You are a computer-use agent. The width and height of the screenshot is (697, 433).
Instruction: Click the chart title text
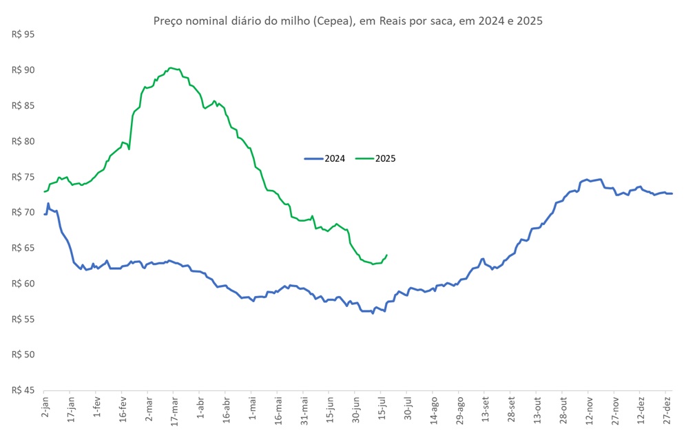pos(348,21)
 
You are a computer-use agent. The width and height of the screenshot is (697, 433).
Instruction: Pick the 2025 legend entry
pos(376,158)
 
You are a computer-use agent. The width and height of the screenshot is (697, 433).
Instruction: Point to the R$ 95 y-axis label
pos(23,34)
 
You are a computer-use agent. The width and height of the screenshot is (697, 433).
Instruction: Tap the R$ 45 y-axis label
pos(23,390)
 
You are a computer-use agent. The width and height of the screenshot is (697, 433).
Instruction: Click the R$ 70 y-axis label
pos(23,212)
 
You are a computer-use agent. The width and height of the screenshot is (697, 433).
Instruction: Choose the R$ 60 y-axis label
pos(23,284)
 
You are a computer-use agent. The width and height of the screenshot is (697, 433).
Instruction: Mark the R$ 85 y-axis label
pos(23,105)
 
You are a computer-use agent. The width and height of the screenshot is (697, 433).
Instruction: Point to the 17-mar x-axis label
pos(174,405)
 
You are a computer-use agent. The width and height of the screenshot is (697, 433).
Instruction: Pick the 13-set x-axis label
pos(485,405)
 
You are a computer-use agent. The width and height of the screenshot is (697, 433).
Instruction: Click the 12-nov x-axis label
pos(589,405)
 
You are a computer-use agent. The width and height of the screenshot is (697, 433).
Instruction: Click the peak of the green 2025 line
pos(171,68)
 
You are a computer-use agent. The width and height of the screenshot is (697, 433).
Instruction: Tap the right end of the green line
pos(386,255)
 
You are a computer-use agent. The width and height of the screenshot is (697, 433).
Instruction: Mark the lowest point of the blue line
pos(373,313)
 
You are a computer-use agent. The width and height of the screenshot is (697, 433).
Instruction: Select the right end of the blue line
pos(672,193)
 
